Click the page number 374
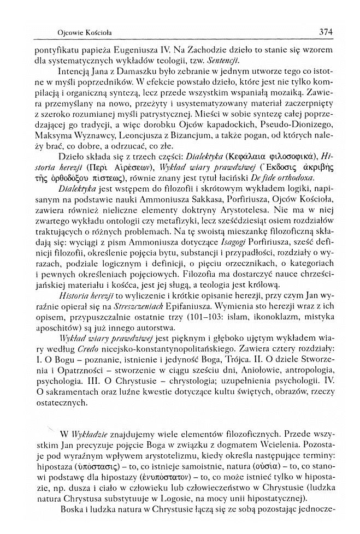coord(325,32)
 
